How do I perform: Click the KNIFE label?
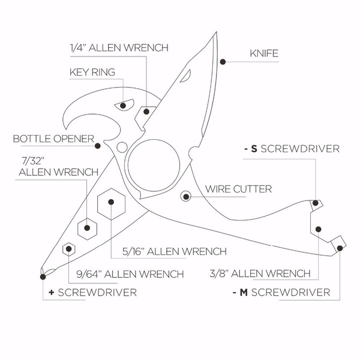265,53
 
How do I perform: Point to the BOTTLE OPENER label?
53,140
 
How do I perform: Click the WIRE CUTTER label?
238,189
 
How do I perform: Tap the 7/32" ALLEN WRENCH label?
58,166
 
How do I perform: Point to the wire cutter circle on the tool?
186,196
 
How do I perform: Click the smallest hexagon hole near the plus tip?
70,248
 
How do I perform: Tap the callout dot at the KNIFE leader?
222,61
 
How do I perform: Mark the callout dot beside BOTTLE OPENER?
97,143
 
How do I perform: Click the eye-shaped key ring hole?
123,106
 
